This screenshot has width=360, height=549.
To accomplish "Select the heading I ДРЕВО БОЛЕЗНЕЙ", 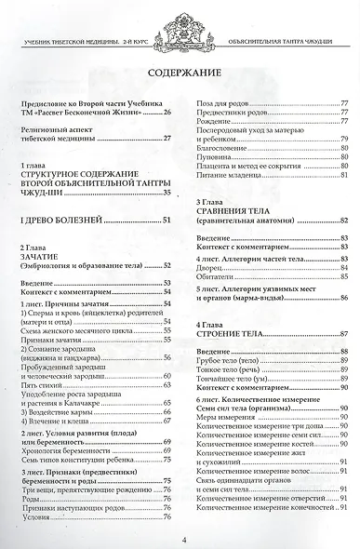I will click(x=59, y=220).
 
